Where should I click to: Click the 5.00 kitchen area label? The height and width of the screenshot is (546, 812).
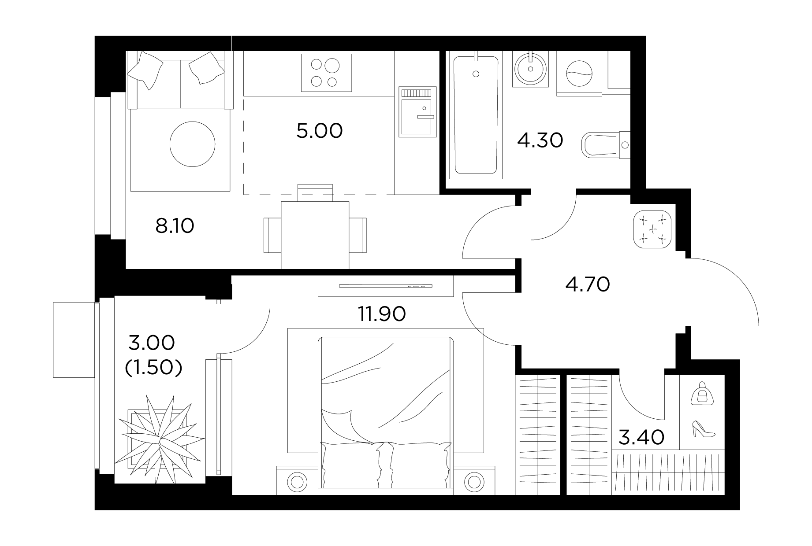click(319, 131)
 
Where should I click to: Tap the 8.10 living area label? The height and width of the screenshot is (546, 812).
click(175, 226)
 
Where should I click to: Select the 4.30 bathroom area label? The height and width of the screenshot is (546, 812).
click(540, 141)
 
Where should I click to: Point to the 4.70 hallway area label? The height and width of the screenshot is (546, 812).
click(587, 284)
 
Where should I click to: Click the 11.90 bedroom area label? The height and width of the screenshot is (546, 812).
click(382, 314)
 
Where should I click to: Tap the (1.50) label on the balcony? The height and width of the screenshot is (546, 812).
click(153, 368)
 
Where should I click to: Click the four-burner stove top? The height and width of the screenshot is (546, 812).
click(326, 73)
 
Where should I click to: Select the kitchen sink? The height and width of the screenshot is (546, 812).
click(418, 111)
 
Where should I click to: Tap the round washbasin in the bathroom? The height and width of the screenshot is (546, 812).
click(531, 69)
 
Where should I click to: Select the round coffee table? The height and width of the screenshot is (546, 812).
click(193, 144)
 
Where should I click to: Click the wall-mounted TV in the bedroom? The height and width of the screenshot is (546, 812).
click(385, 286)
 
